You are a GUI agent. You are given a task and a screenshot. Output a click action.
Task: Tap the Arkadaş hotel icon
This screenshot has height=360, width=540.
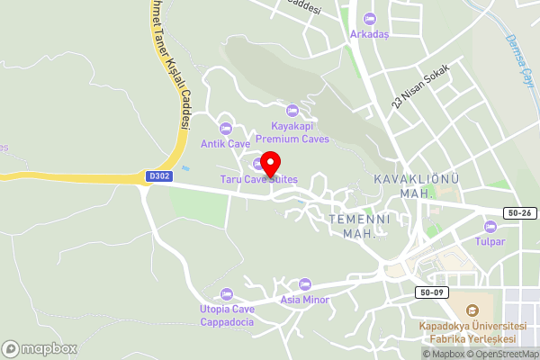pos(368,20)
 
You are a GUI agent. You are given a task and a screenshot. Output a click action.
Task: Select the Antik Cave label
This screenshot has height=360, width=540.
pos(226,144)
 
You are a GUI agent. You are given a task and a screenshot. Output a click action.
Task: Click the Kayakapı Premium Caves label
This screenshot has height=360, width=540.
pos(292,133)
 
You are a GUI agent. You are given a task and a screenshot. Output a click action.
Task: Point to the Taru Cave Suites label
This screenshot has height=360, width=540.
pos(259,180)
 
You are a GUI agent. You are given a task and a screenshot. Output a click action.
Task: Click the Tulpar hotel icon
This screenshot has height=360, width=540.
pos(490,226)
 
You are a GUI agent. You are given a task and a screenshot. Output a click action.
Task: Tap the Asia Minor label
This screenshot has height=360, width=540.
pos(303,300)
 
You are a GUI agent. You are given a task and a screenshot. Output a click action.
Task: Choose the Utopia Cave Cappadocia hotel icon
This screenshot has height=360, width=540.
pos(227,294)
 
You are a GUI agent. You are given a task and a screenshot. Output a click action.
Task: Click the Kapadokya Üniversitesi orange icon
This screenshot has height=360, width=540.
pos(464,309)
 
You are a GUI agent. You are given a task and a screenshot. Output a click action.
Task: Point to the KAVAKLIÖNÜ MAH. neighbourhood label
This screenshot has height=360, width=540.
pos(416,185)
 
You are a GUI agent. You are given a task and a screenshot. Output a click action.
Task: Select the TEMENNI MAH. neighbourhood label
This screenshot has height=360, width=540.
pos(357,226)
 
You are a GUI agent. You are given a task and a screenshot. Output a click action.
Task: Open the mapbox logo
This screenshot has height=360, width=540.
pos(40,348)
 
